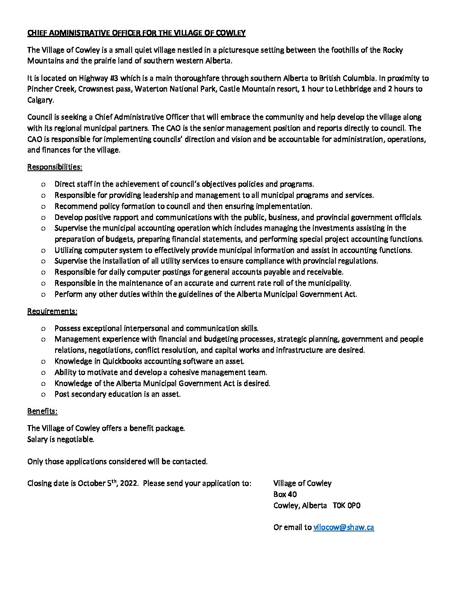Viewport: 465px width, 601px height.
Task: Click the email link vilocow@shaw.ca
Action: (343, 527)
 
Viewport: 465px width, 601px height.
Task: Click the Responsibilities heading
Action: (55, 167)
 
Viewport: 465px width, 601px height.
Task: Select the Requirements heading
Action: (52, 311)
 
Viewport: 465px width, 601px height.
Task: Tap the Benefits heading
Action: (42, 411)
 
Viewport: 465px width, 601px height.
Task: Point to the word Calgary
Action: (40, 100)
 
